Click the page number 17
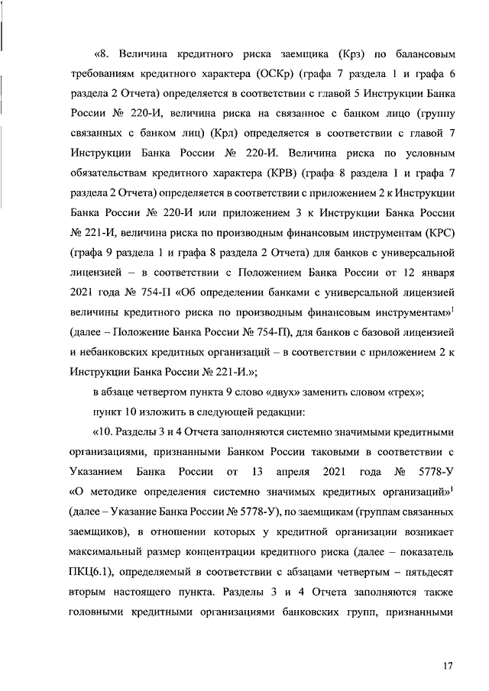pos(448,667)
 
